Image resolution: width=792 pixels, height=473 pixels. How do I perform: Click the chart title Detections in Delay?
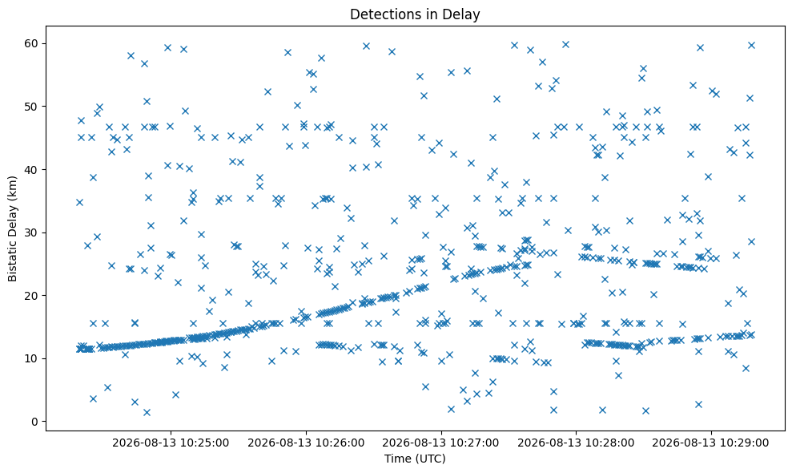[x=415, y=14]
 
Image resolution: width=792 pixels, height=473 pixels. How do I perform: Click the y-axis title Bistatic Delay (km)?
[x=12, y=228]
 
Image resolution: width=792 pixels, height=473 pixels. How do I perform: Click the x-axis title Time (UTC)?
[x=415, y=459]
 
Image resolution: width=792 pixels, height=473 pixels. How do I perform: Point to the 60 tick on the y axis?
[x=31, y=43]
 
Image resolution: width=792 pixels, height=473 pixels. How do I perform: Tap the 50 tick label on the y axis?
[x=31, y=107]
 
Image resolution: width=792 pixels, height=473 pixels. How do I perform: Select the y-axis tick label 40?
[x=31, y=169]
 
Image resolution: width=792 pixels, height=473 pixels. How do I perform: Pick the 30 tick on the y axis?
[x=31, y=232]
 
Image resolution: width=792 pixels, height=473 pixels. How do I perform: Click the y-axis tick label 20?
[x=31, y=296]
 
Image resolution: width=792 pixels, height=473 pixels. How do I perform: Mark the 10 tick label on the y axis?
[x=31, y=358]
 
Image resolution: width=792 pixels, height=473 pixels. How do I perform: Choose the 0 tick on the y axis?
[x=35, y=422]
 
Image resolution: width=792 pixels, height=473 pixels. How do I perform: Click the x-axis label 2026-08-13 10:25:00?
[x=171, y=443]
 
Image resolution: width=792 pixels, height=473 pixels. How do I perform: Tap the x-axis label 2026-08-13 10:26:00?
[x=306, y=443]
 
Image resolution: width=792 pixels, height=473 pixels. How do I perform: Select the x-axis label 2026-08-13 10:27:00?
[x=441, y=443]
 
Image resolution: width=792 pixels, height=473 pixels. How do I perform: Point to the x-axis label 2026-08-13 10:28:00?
[x=576, y=443]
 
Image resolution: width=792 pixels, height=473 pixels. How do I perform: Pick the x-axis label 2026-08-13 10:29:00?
[x=710, y=443]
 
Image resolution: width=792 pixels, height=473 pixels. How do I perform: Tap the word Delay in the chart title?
[x=463, y=14]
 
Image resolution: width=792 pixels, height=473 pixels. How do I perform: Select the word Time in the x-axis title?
[x=397, y=459]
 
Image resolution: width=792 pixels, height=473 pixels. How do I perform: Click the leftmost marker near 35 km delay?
[x=79, y=202]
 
